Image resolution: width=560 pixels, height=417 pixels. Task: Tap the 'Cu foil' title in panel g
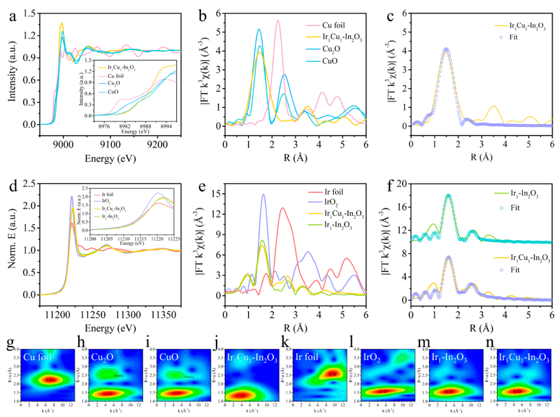[x=37, y=357]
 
